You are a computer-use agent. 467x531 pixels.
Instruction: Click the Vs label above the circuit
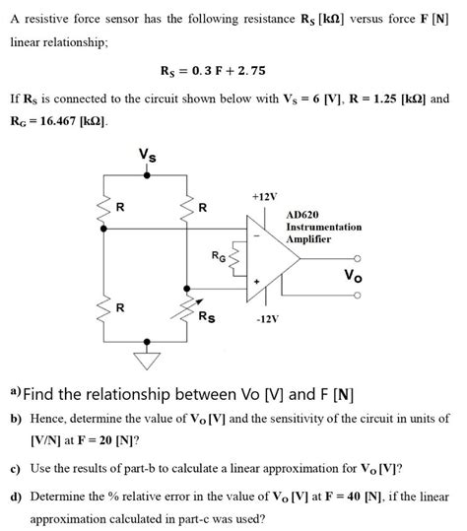click(146, 156)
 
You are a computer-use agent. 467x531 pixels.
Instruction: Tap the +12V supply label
click(263, 196)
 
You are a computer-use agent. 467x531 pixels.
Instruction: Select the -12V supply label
click(268, 319)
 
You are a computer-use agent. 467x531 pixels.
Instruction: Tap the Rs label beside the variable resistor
click(207, 316)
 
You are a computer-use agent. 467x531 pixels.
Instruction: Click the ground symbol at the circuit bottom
click(148, 360)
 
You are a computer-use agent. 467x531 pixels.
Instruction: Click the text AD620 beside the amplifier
click(302, 214)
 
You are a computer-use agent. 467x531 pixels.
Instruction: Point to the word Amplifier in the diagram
click(308, 239)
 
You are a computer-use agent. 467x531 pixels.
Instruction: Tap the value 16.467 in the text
click(60, 120)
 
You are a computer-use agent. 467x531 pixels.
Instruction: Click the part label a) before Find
click(15, 392)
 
